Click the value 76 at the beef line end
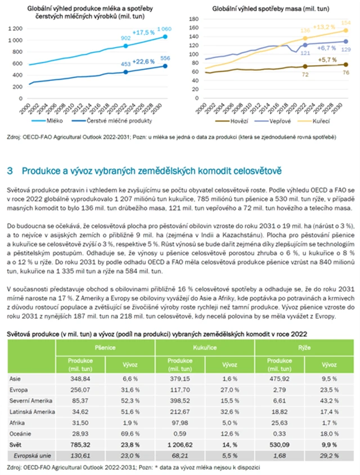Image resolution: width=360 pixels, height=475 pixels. pos(345,72)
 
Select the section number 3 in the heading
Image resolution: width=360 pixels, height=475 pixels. pos(10,170)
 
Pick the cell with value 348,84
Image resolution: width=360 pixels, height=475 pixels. pos(78,378)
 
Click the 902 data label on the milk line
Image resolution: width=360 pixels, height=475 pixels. pos(126,38)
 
